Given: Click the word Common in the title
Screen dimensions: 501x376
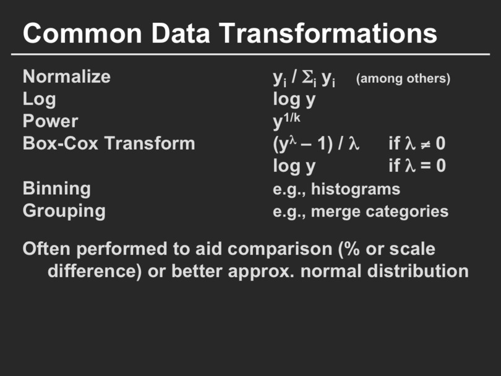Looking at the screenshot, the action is pyautogui.click(x=82, y=33).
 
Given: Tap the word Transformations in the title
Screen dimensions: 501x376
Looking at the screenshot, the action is pyautogui.click(x=328, y=33).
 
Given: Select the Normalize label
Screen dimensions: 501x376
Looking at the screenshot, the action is pyautogui.click(x=66, y=77).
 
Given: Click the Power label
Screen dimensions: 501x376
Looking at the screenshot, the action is pyautogui.click(x=50, y=121).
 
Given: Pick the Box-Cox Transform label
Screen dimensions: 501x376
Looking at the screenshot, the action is pyautogui.click(x=109, y=143).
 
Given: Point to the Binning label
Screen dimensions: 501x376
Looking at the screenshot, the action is pyautogui.click(x=56, y=189).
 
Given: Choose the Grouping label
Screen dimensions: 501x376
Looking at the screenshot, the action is pyautogui.click(x=64, y=211).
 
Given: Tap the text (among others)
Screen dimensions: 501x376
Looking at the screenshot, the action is pyautogui.click(x=403, y=79).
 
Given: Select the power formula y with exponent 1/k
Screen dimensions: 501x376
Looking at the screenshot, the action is pyautogui.click(x=286, y=121).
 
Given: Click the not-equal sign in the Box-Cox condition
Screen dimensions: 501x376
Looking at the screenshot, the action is pyautogui.click(x=425, y=145).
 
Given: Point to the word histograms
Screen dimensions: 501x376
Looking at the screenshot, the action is pyautogui.click(x=355, y=189).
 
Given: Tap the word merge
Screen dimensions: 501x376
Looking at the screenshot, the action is pyautogui.click(x=335, y=211).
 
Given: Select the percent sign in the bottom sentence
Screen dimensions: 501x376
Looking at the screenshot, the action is pyautogui.click(x=352, y=249).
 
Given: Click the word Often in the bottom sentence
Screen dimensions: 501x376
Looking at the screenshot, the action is pyautogui.click(x=46, y=249).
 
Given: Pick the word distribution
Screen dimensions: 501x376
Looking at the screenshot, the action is pyautogui.click(x=418, y=271).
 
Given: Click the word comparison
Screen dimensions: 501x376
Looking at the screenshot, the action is pyautogui.click(x=263, y=249).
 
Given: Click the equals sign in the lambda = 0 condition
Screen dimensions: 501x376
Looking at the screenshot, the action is pyautogui.click(x=425, y=166).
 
